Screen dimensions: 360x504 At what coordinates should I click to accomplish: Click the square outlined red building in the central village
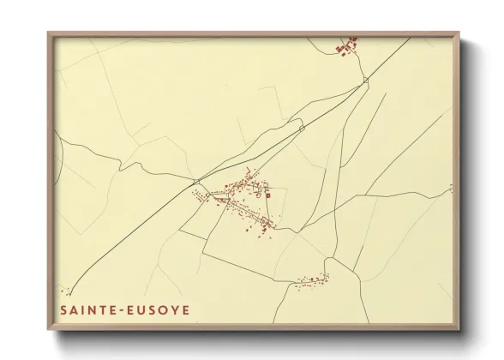(x=267, y=195)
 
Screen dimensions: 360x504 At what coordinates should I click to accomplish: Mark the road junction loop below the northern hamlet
(x=366, y=80)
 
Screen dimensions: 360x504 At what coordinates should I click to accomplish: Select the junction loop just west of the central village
(x=197, y=181)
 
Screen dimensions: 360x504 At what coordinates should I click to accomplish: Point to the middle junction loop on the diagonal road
(x=302, y=128)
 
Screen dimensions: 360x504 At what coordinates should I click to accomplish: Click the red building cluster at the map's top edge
(x=347, y=45)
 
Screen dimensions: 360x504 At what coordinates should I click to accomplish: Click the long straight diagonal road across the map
(x=249, y=154)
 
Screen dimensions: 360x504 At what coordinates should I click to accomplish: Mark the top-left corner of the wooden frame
(x=49, y=33)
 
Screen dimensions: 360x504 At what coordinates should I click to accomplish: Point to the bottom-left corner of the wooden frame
(x=49, y=328)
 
